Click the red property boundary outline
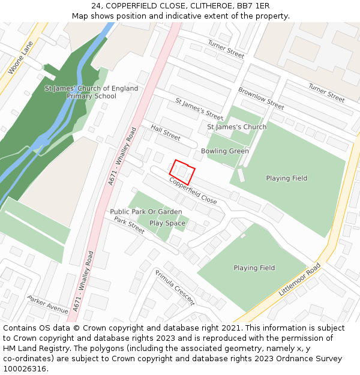coord(182,172)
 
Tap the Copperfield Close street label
coord(193,191)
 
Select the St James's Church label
coord(236,127)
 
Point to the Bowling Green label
coord(224,151)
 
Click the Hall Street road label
coord(166,133)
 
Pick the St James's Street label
coord(199,109)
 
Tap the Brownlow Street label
coord(261,98)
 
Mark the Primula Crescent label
coord(175,287)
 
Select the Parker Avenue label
coord(48,305)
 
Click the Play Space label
coord(167,223)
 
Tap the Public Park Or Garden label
coord(146,212)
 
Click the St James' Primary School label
coord(91,92)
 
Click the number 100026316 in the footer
coord(25,368)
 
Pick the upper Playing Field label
coord(286,178)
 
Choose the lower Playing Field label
coord(254,268)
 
